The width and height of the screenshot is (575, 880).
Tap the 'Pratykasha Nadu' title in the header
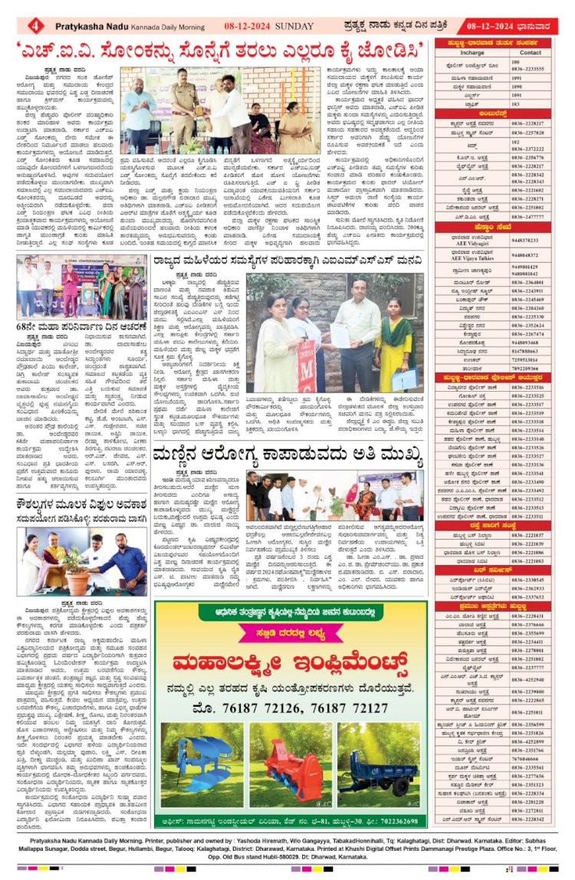(91, 25)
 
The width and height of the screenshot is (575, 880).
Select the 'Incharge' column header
(472, 53)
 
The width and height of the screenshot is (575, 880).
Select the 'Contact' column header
(530, 53)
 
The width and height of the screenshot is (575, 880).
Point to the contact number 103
(516, 103)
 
